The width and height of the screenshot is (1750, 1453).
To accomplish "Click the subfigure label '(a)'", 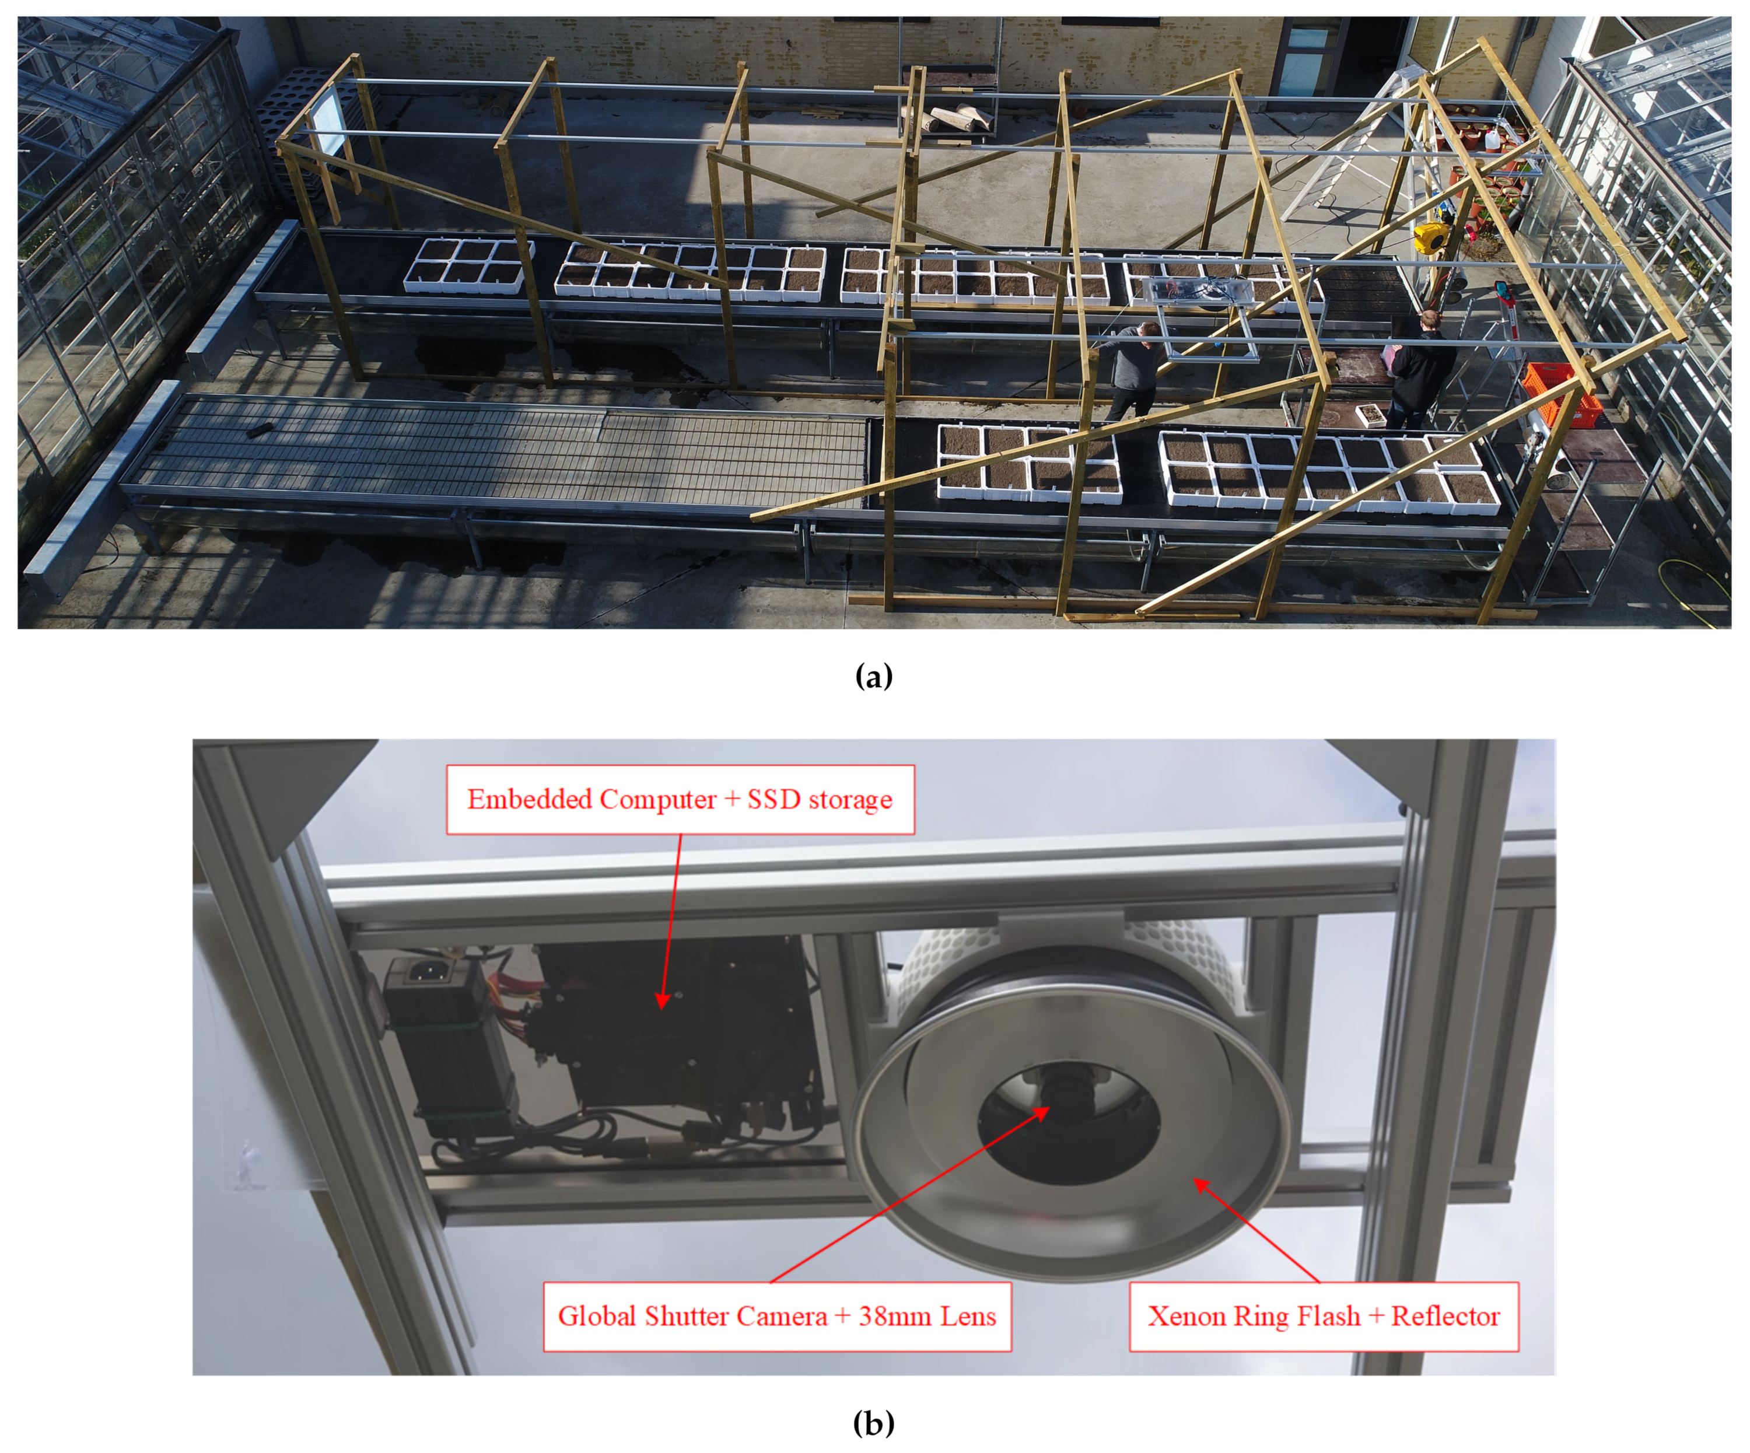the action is (874, 675).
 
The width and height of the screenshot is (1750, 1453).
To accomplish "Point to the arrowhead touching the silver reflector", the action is (1202, 1186).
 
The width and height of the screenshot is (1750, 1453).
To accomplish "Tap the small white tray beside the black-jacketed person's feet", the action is (1371, 414).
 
